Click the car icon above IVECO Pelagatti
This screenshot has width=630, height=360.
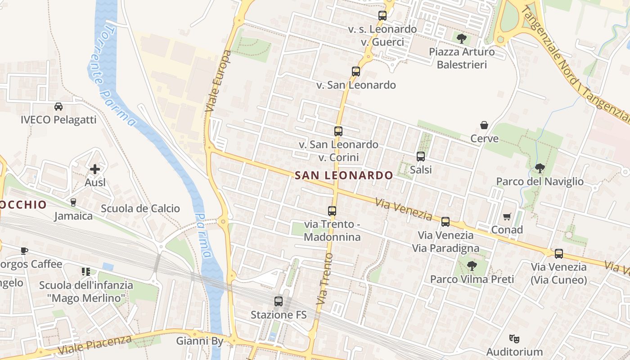pyautogui.click(x=58, y=107)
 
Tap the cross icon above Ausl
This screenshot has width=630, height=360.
pyautogui.click(x=95, y=169)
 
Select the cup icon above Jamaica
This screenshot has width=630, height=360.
pyautogui.click(x=73, y=202)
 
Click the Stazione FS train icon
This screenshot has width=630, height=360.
pyautogui.click(x=279, y=301)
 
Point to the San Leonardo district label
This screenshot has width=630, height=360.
pyautogui.click(x=344, y=175)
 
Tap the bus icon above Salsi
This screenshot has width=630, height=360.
pyautogui.click(x=421, y=157)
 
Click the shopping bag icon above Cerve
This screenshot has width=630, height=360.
pyautogui.click(x=484, y=125)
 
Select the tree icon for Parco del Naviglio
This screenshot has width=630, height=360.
pyautogui.click(x=540, y=168)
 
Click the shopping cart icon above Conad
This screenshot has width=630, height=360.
pyautogui.click(x=507, y=217)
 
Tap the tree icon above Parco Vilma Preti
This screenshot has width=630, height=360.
pyautogui.click(x=472, y=266)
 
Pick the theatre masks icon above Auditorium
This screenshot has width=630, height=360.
pyautogui.click(x=514, y=338)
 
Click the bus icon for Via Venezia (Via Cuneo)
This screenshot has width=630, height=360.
pyautogui.click(x=558, y=254)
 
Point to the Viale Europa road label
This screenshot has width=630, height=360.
pyautogui.click(x=218, y=81)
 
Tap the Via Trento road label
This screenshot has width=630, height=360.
pyautogui.click(x=325, y=280)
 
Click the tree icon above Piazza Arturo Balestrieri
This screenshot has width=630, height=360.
pyautogui.click(x=461, y=38)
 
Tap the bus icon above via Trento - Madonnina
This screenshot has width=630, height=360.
pyautogui.click(x=332, y=211)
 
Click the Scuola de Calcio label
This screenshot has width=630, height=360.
pyautogui.click(x=140, y=208)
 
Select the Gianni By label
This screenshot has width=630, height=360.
pyautogui.click(x=199, y=341)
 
